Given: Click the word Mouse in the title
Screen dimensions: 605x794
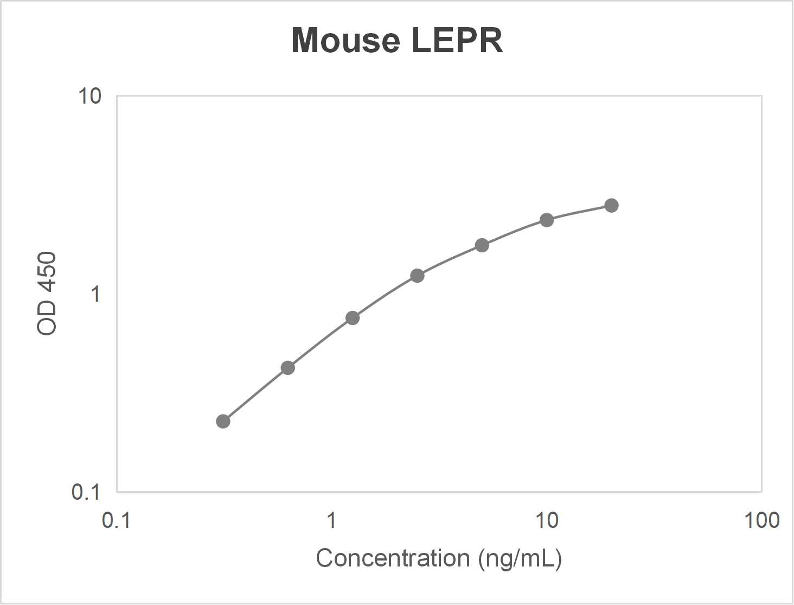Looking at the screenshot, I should (x=345, y=41).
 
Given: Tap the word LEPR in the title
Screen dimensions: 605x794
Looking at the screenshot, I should (x=457, y=41).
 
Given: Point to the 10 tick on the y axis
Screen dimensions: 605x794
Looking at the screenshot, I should (x=89, y=97).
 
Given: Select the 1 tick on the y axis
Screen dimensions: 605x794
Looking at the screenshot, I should (x=95, y=294).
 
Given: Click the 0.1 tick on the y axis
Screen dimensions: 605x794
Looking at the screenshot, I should (x=86, y=492).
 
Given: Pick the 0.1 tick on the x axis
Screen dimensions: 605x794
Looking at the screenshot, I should (x=116, y=520).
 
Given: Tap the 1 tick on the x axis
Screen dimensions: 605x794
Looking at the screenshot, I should (x=331, y=520).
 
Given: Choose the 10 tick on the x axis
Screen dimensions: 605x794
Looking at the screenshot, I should (x=547, y=520).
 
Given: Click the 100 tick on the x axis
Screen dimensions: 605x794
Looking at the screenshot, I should (x=761, y=520).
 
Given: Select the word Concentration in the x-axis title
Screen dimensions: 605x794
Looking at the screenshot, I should (x=393, y=558).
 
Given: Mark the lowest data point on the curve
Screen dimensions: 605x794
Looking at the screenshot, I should (x=223, y=422).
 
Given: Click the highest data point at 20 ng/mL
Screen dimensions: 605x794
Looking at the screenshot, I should (x=611, y=206).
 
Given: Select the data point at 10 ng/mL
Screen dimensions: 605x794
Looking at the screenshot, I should (x=547, y=220).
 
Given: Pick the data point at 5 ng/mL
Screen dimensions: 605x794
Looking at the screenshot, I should (x=482, y=245).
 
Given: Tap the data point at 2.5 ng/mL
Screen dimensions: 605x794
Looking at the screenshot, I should (x=417, y=276).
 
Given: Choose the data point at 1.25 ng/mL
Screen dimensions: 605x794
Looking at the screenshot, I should (x=353, y=318).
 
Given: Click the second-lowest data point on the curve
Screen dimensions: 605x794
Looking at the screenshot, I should (x=288, y=368).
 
